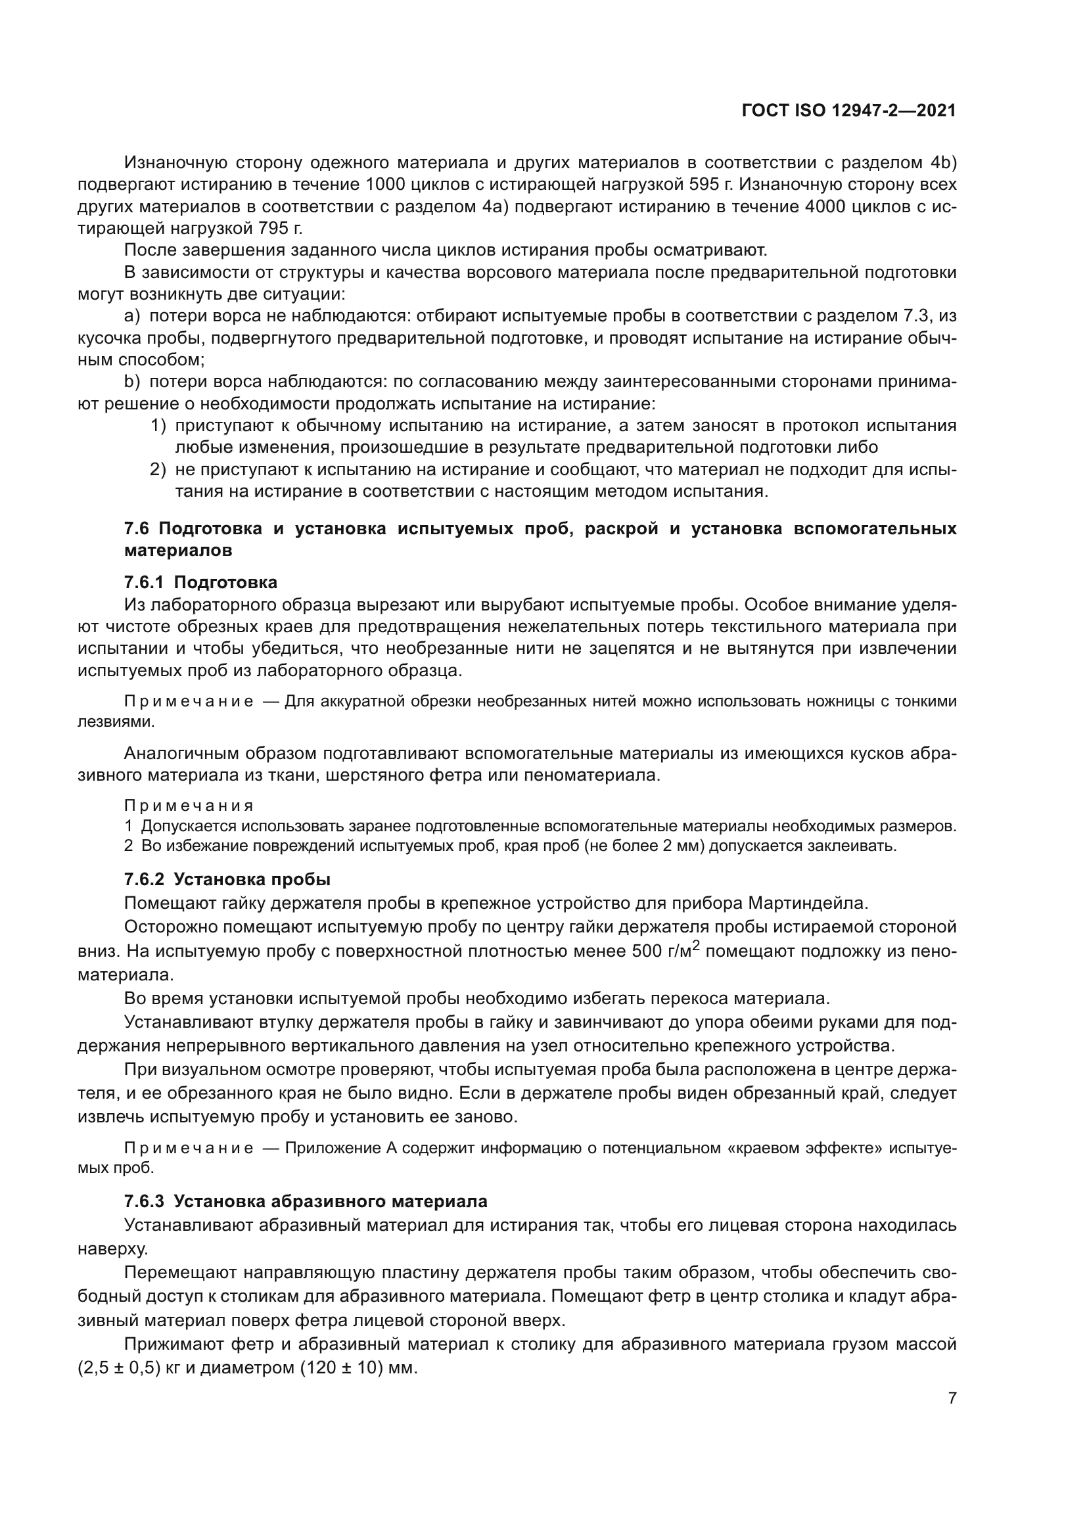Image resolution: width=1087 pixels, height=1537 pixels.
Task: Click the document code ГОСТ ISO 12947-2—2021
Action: click(848, 110)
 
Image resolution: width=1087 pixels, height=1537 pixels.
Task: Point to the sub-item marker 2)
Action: click(157, 470)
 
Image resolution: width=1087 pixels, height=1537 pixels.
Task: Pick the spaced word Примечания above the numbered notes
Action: click(189, 806)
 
